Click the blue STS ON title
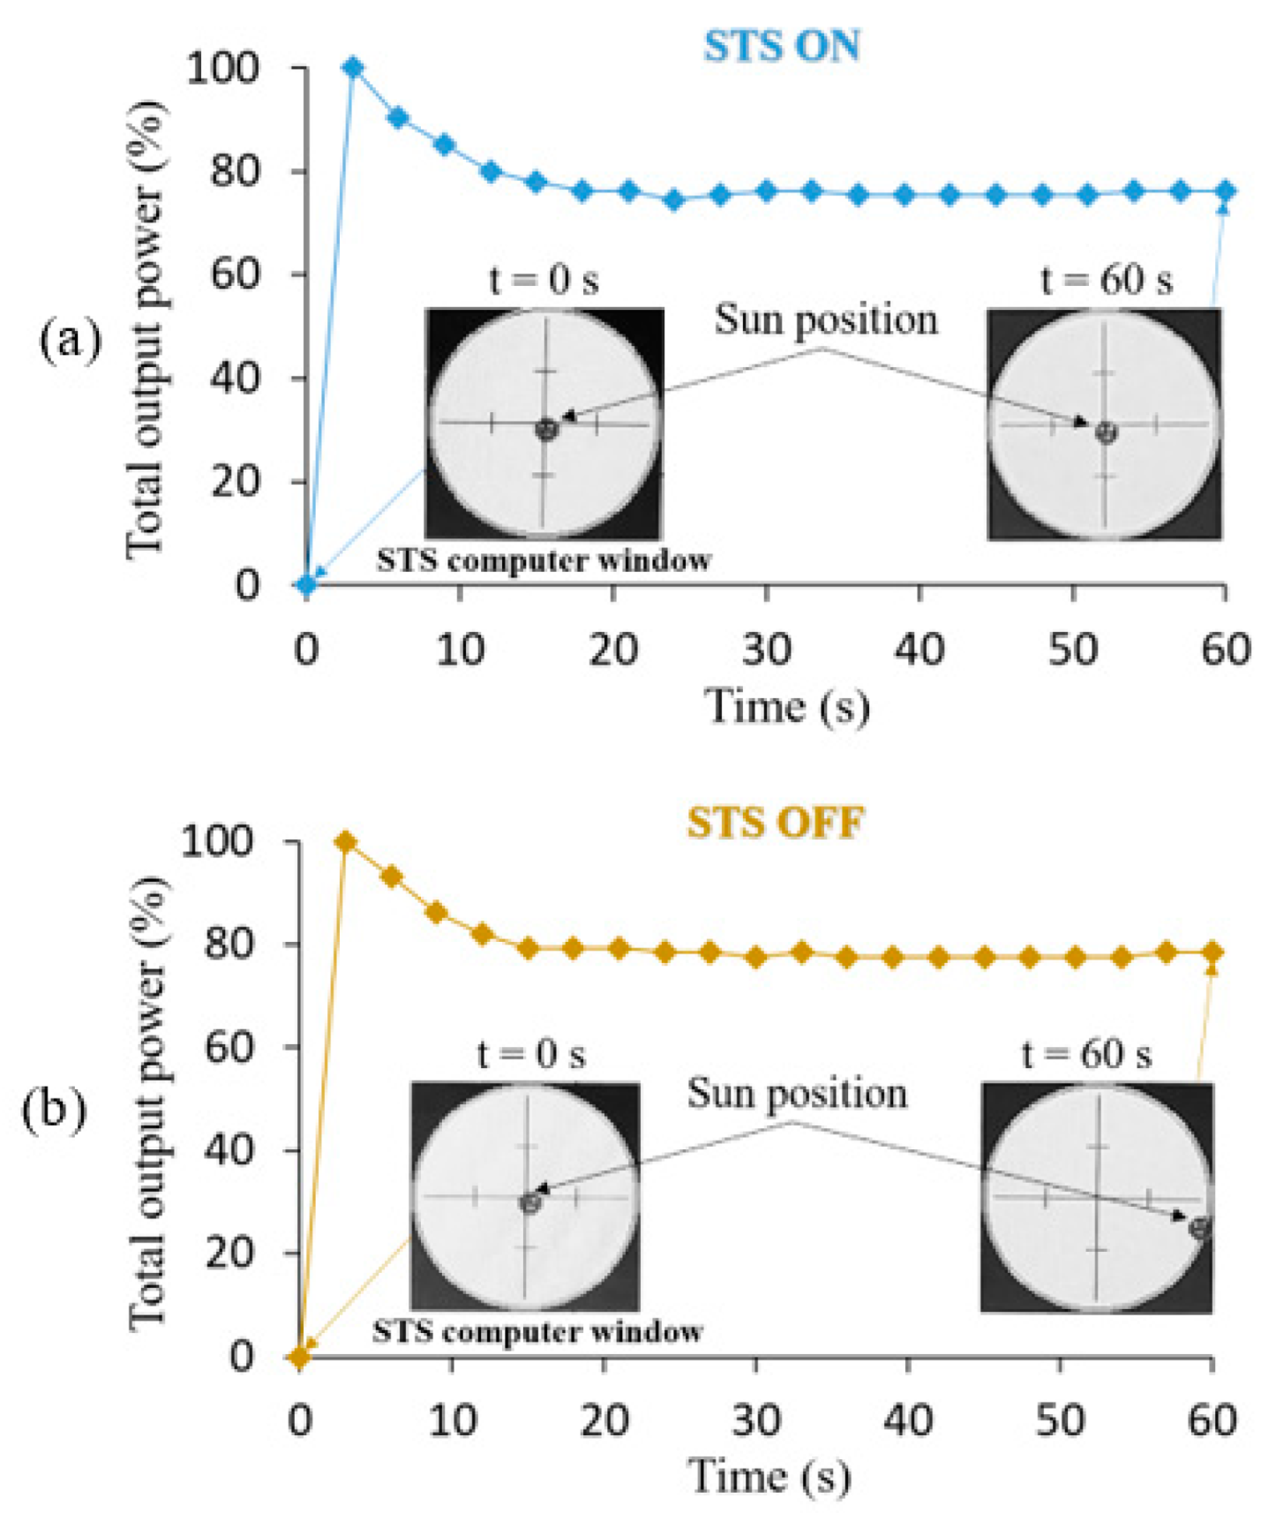click(x=781, y=46)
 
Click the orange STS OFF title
click(x=775, y=822)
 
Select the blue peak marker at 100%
click(x=353, y=67)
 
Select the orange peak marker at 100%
click(x=346, y=842)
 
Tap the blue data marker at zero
click(x=306, y=583)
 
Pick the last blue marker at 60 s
click(x=1225, y=191)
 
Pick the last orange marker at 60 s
click(x=1212, y=952)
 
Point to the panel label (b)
click(x=54, y=1109)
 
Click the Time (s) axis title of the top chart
click(x=786, y=706)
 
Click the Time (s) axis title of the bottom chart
click(x=769, y=1476)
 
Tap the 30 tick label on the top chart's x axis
click(x=766, y=651)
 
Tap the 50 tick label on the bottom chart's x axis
click(x=1059, y=1421)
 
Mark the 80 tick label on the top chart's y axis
click(x=235, y=171)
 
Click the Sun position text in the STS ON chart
click(x=826, y=320)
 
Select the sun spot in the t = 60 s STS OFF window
click(x=1198, y=1227)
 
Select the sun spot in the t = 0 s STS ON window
click(x=546, y=430)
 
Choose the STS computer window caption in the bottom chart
click(x=537, y=1331)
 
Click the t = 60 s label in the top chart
click(x=1107, y=280)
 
